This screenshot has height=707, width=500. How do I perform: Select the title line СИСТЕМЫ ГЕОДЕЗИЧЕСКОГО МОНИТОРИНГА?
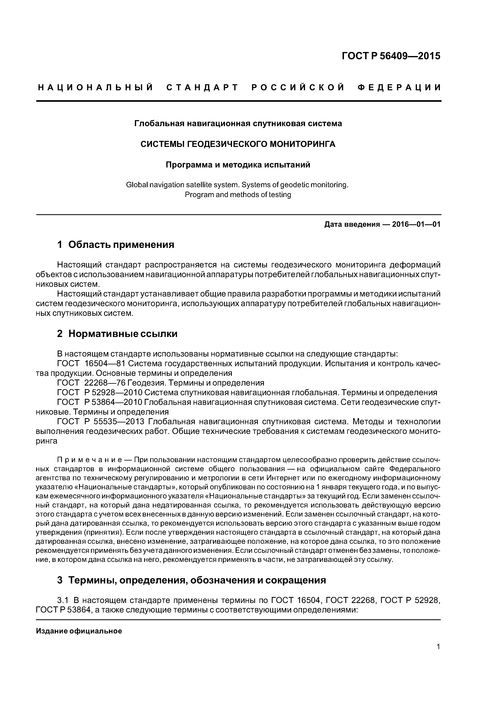(x=238, y=144)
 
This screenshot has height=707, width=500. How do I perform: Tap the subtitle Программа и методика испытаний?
(x=238, y=165)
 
